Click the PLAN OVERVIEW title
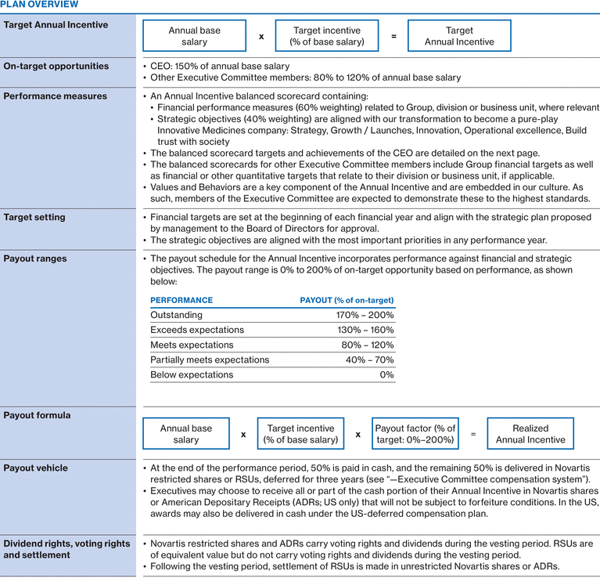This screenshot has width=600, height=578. (39, 5)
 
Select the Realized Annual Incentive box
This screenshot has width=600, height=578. (530, 434)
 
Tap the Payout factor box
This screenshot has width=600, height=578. (415, 434)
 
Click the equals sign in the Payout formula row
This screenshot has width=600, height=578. (472, 434)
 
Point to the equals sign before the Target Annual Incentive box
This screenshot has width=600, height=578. (393, 36)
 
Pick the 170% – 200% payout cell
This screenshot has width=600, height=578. (365, 315)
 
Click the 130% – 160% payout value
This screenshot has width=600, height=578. (365, 330)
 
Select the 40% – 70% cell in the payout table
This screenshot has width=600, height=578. (370, 359)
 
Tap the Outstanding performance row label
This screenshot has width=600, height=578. (176, 315)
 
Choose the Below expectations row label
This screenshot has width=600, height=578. (192, 374)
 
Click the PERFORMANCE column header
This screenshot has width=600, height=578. (181, 300)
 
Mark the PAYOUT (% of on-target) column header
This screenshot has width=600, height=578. (347, 300)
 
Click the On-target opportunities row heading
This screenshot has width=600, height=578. (56, 67)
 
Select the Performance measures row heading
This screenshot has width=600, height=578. (55, 96)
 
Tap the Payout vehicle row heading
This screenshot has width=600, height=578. (35, 468)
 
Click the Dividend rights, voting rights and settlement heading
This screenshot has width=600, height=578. (66, 549)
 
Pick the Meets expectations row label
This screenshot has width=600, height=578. (192, 345)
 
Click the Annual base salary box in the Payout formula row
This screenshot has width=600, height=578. (185, 434)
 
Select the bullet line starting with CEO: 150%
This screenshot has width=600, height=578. (220, 67)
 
